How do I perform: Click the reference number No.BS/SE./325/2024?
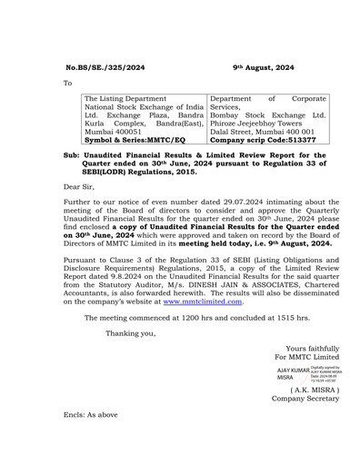(x=105, y=67)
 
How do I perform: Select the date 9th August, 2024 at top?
(x=263, y=67)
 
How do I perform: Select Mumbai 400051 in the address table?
(x=112, y=131)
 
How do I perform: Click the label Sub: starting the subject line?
(x=74, y=155)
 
